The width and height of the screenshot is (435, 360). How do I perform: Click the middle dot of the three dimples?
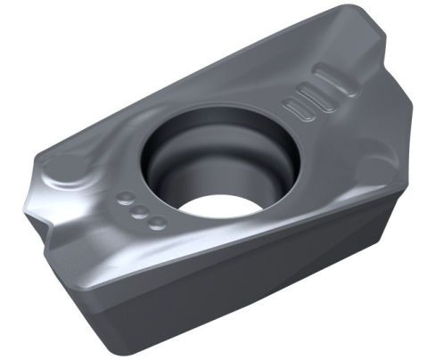pyautogui.click(x=141, y=213)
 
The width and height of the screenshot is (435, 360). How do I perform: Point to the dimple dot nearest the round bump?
pyautogui.click(x=126, y=199)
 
